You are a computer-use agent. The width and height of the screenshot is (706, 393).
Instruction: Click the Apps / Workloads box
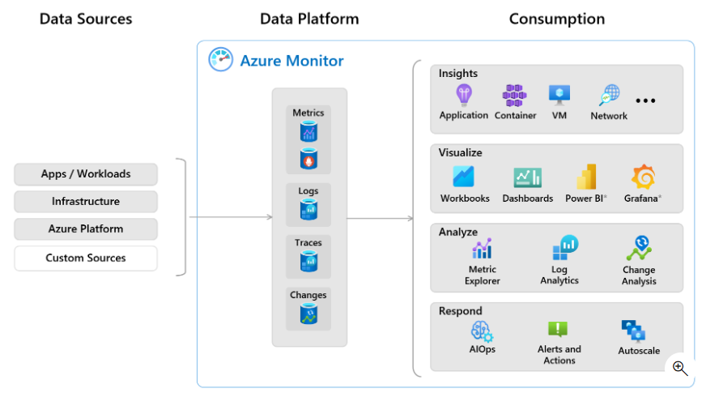(86, 174)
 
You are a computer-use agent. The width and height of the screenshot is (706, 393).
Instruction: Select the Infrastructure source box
(86, 202)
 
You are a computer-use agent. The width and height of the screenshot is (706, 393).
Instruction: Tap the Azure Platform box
(86, 229)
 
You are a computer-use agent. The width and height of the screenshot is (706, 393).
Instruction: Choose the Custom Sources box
(86, 258)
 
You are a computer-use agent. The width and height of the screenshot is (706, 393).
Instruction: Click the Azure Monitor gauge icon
(220, 60)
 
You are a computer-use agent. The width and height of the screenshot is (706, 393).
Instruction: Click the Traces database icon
(308, 262)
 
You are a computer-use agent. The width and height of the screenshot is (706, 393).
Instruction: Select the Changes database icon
(308, 314)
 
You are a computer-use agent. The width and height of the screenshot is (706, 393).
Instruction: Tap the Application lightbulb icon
(464, 96)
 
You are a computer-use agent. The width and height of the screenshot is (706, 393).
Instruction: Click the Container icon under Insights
(515, 96)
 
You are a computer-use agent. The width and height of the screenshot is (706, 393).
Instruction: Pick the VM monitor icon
(559, 96)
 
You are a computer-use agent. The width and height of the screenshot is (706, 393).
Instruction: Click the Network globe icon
(609, 96)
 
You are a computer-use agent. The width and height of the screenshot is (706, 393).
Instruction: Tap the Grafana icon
(643, 177)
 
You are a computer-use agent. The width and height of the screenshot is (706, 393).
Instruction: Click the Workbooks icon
(464, 177)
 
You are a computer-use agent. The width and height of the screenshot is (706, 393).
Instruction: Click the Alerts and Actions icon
(559, 330)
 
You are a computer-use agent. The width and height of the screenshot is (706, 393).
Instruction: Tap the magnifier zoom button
(680, 369)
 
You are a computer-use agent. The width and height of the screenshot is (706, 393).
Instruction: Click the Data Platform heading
(309, 19)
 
